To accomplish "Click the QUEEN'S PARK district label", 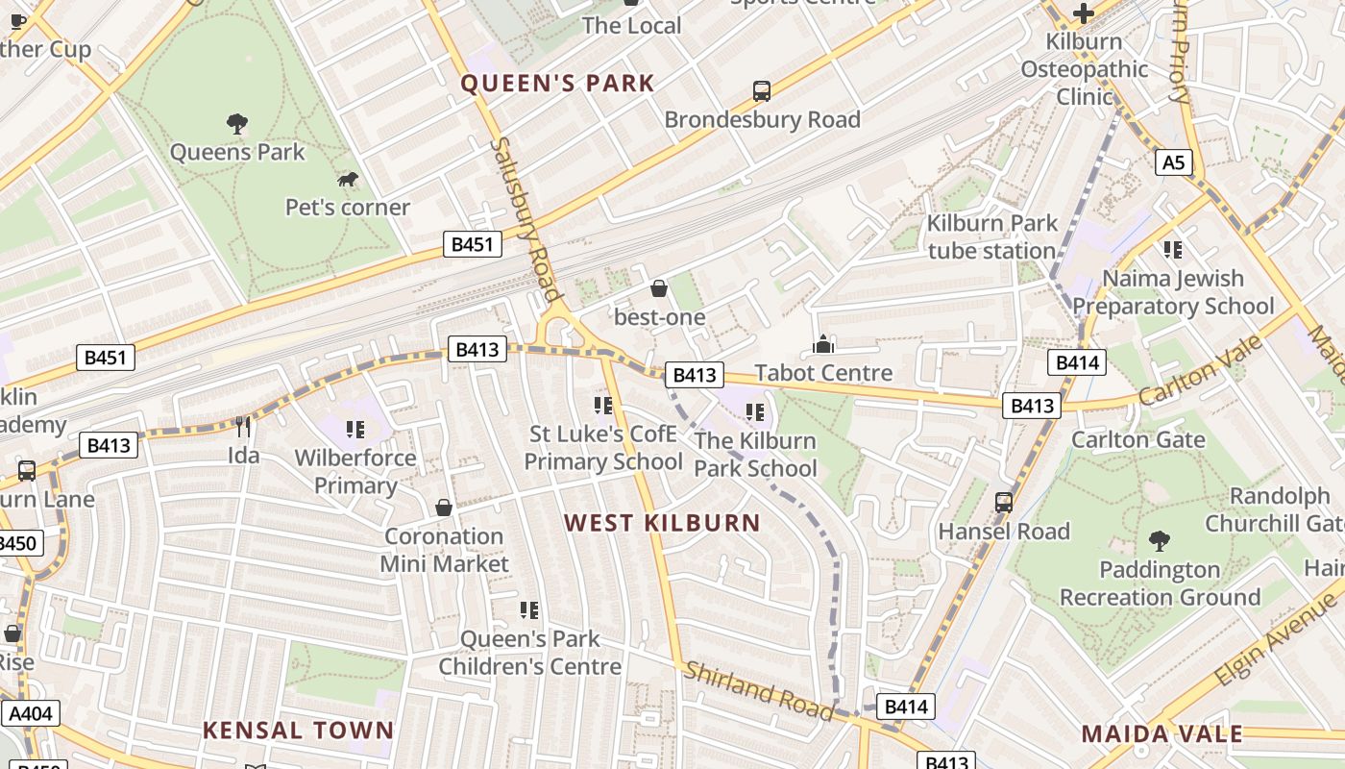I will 557,84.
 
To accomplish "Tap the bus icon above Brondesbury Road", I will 762,91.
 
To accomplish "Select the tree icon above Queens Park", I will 236,124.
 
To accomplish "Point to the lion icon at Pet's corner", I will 348,180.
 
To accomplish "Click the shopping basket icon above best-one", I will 659,288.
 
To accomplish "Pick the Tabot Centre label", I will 823,372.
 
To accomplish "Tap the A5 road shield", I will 1174,162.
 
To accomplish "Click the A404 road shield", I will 31,713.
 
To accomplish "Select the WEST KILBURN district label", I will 662,524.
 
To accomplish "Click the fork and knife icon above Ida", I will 243,426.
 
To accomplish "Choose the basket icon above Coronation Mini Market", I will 444,508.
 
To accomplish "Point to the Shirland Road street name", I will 758,689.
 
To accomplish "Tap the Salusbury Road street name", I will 525,219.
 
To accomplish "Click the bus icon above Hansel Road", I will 1004,503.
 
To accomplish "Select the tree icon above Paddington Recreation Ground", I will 1160,541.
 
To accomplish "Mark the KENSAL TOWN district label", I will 298,731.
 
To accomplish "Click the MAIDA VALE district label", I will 1162,734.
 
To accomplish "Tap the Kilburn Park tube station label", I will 991,237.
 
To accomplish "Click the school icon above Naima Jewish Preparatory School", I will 1172,250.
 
